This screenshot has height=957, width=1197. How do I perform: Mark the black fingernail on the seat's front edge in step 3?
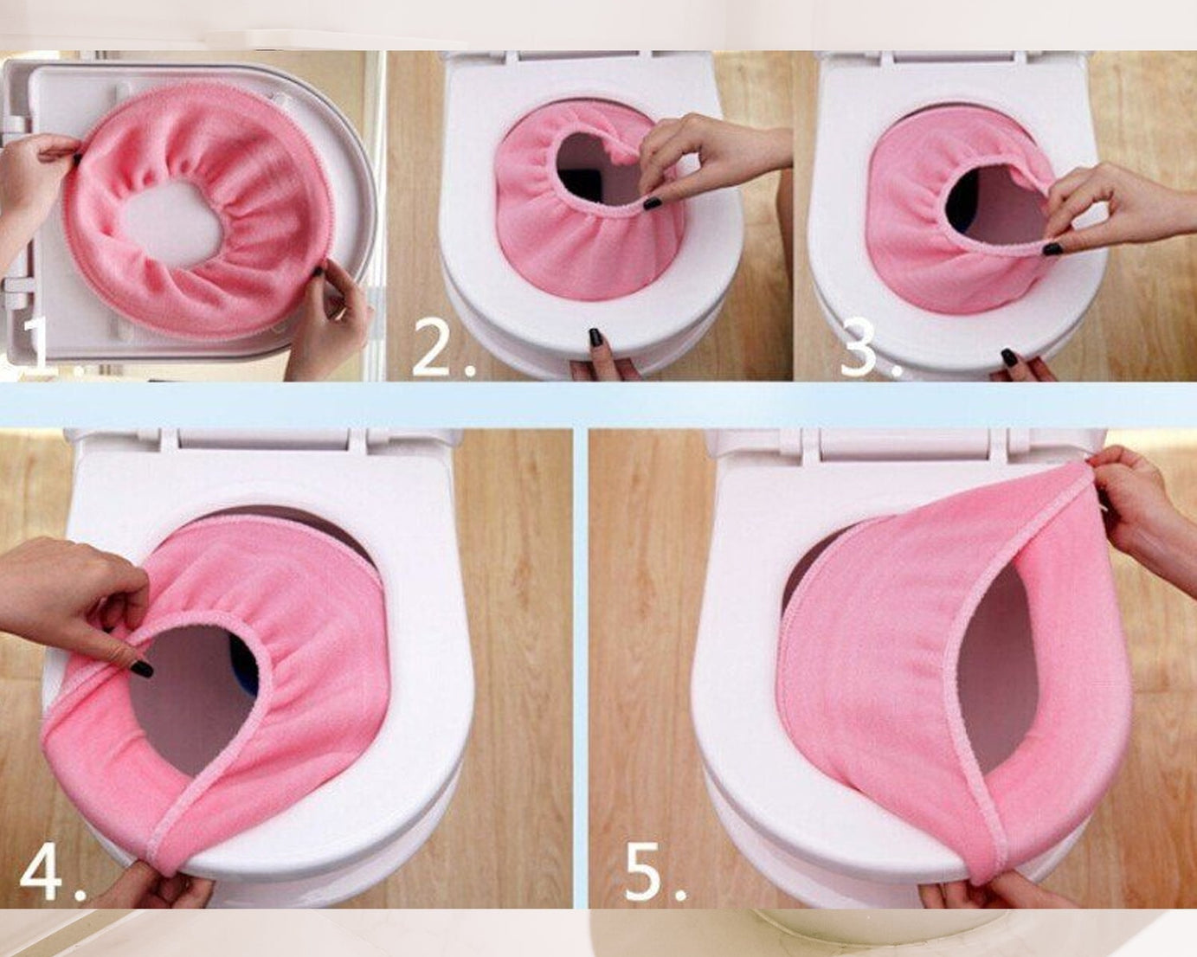click(1009, 357)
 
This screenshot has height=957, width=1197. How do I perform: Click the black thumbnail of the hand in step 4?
click(141, 668)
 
